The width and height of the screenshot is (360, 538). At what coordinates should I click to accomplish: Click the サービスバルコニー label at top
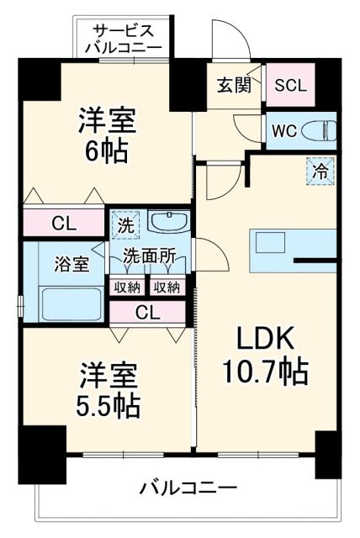coord(128,37)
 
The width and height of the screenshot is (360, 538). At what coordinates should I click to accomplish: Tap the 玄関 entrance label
coord(230,84)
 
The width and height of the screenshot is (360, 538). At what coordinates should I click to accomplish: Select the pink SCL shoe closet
coord(291,85)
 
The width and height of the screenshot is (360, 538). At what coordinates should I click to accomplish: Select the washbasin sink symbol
coord(170,223)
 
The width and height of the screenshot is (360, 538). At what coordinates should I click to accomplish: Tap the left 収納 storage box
coord(128,287)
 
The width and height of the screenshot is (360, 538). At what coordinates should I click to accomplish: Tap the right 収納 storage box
coord(167,287)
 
